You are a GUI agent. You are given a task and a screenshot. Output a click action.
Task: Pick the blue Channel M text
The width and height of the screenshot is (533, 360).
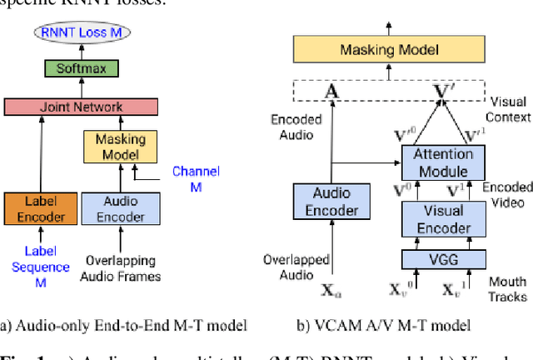(x=196, y=178)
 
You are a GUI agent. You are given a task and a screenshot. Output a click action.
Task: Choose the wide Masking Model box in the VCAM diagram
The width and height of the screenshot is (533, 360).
(x=390, y=51)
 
